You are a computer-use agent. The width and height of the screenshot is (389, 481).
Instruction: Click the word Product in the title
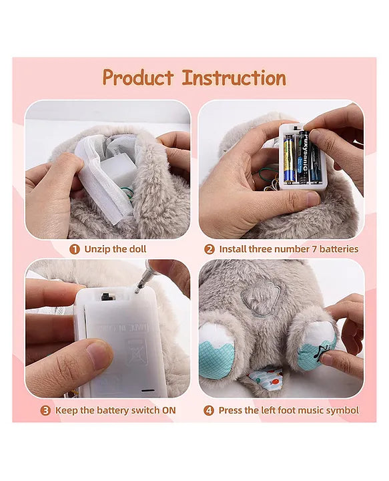pyautogui.click(x=139, y=77)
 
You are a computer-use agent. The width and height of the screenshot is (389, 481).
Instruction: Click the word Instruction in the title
pyautogui.click(x=234, y=77)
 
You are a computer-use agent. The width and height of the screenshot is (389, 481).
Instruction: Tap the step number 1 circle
pyautogui.click(x=75, y=249)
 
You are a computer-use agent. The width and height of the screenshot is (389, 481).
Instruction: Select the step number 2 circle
pyautogui.click(x=209, y=249)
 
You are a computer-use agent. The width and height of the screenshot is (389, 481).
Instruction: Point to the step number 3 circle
pyautogui.click(x=46, y=410)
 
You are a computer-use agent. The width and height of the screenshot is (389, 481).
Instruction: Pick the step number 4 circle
pyautogui.click(x=209, y=410)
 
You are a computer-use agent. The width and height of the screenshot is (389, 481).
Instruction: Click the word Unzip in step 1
pyautogui.click(x=98, y=249)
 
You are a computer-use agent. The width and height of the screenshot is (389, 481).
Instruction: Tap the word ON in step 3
pyautogui.click(x=169, y=410)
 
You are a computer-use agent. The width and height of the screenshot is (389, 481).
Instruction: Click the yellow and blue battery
pyautogui.click(x=290, y=158)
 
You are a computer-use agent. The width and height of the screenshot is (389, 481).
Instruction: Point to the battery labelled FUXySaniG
pyautogui.click(x=302, y=158)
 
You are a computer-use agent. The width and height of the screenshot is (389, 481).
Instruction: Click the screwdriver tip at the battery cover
pyautogui.click(x=138, y=289)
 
